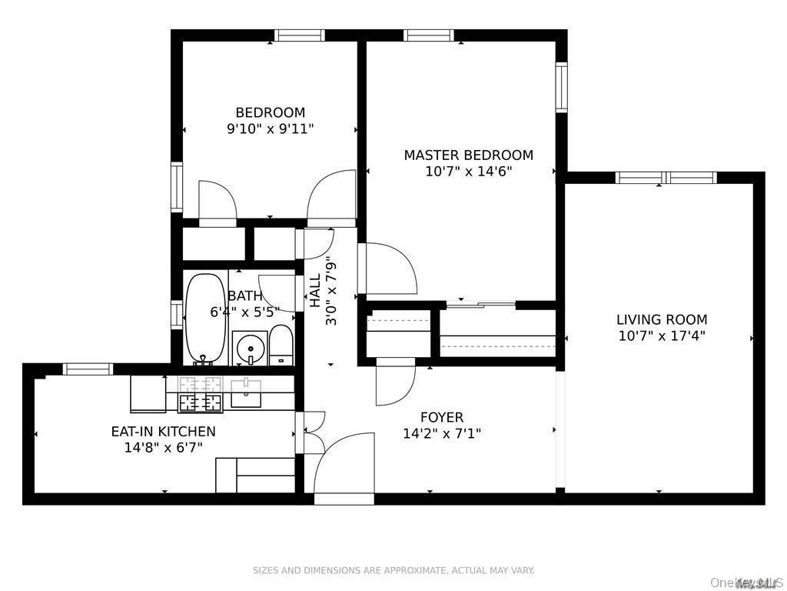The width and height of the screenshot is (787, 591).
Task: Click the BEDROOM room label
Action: (x=270, y=112)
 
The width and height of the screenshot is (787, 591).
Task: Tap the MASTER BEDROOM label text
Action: (x=468, y=155)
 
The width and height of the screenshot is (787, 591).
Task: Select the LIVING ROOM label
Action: (x=662, y=319)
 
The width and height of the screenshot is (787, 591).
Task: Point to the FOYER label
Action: (x=441, y=417)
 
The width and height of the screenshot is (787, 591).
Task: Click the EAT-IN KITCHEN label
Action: (x=163, y=431)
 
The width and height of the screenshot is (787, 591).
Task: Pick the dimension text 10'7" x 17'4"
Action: (x=662, y=336)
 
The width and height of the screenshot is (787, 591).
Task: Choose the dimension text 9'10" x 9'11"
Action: (x=270, y=129)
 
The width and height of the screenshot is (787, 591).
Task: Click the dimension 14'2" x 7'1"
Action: (x=441, y=433)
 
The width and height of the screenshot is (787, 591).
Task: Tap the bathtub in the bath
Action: (x=205, y=318)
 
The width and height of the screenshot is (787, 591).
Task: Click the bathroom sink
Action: (x=249, y=348)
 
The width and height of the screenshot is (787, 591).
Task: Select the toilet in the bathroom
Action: (x=281, y=345)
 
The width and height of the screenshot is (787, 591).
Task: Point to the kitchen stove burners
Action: (x=201, y=393)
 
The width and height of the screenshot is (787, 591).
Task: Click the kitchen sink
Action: (x=246, y=393)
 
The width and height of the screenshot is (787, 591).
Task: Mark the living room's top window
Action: (x=666, y=178)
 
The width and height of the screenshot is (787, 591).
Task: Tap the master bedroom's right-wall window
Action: (x=561, y=87)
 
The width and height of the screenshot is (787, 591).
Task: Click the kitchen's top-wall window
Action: (x=88, y=369)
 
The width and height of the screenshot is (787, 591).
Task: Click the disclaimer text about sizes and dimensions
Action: (x=393, y=570)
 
